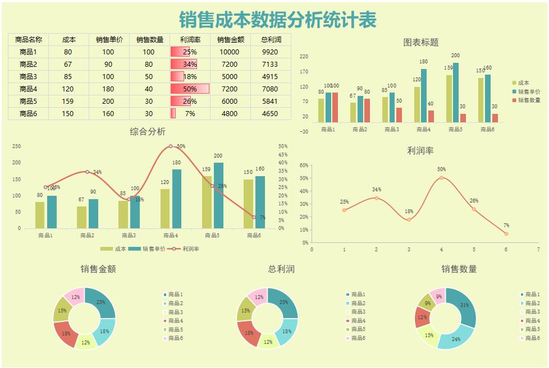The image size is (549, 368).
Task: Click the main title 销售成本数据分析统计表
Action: tap(278, 20)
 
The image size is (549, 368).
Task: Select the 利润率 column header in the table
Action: tap(190, 40)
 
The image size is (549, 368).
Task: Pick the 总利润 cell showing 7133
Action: tap(270, 65)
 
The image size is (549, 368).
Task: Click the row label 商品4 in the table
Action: tap(28, 89)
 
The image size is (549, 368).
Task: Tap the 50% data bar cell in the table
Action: tap(190, 89)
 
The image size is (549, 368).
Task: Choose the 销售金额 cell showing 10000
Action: tap(229, 52)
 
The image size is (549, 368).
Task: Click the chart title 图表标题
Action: tap(420, 42)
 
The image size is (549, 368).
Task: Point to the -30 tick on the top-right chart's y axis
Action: tap(304, 131)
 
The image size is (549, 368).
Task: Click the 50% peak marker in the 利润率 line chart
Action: tap(441, 178)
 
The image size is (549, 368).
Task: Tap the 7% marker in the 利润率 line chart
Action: tap(506, 233)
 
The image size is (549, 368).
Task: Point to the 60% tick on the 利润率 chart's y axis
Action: tap(303, 165)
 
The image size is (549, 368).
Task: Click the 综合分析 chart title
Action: tap(148, 132)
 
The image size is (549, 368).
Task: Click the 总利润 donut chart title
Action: tap(281, 269)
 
